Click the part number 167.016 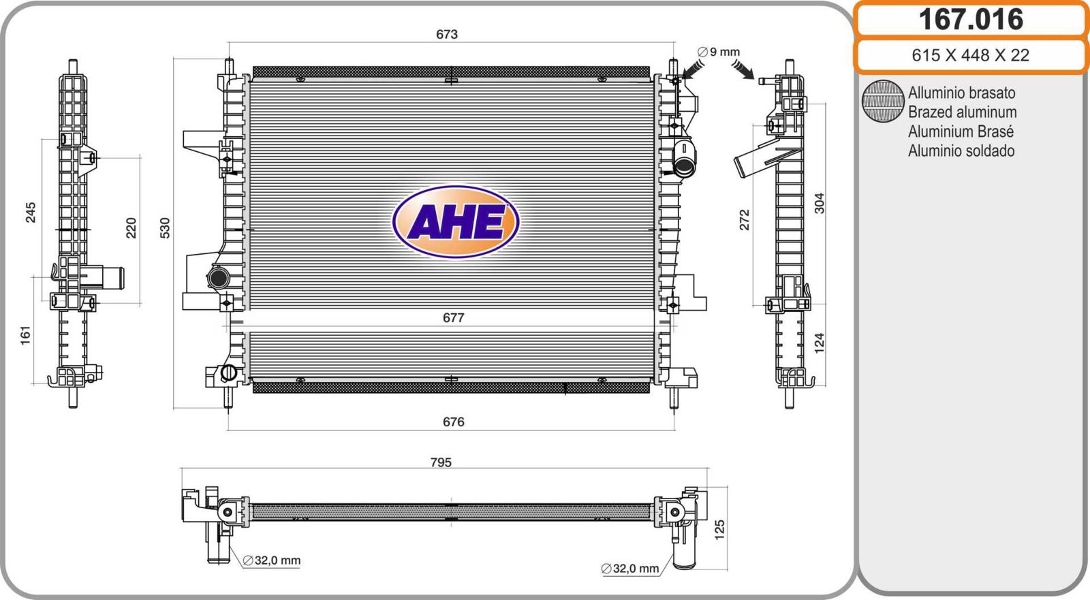971,20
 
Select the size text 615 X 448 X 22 970,55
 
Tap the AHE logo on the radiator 456,221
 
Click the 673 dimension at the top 447,34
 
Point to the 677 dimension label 453,318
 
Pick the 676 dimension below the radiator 453,422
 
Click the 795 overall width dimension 441,462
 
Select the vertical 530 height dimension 165,227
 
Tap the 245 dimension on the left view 31,212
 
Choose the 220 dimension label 131,227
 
